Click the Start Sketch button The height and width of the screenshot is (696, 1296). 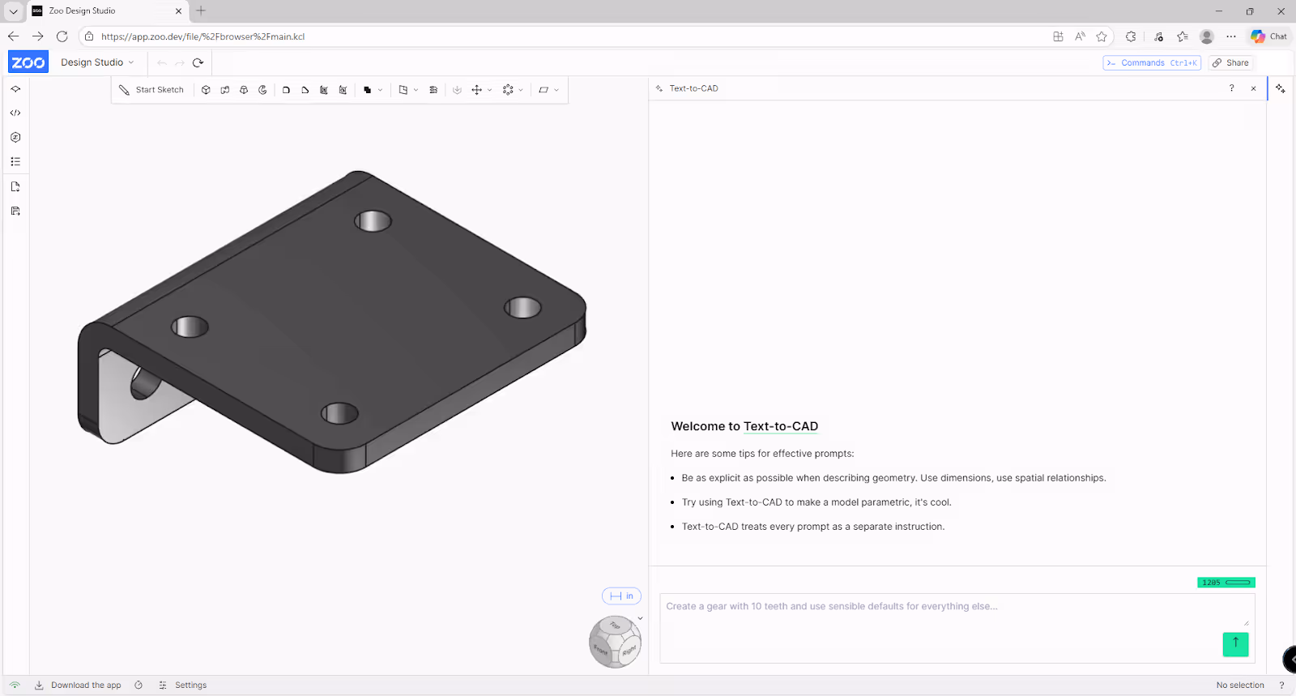(151, 90)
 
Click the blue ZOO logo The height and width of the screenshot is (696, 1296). (28, 62)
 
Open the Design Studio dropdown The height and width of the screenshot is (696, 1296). (97, 62)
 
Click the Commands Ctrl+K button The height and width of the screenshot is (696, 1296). (1151, 62)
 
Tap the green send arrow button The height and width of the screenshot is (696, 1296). (1235, 644)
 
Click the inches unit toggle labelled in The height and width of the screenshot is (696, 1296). (621, 596)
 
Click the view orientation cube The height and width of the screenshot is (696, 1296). (615, 642)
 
